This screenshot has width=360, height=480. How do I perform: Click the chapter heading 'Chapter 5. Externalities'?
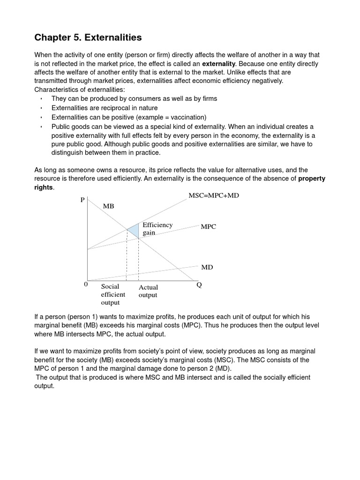pyautogui.click(x=88, y=37)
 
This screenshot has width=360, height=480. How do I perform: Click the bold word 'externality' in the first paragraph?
pyautogui.click(x=218, y=63)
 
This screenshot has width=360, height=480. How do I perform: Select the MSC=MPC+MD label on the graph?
pyautogui.click(x=213, y=195)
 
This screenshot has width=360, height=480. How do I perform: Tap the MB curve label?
pyautogui.click(x=108, y=206)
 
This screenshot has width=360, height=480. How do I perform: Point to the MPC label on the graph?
pyautogui.click(x=208, y=226)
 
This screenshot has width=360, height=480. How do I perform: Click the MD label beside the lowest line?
pyautogui.click(x=207, y=267)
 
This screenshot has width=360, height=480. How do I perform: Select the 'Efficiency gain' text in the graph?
pyautogui.click(x=157, y=228)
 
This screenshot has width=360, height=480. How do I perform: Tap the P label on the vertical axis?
pyautogui.click(x=82, y=200)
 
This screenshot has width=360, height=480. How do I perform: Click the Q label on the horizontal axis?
pyautogui.click(x=199, y=285)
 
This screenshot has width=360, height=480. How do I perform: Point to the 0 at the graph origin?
pyautogui.click(x=85, y=284)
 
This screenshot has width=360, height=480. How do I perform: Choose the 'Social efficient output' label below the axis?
pyautogui.click(x=112, y=294)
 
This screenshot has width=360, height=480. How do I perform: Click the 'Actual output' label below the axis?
pyautogui.click(x=148, y=291)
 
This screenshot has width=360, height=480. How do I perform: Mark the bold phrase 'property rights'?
pyautogui.click(x=312, y=179)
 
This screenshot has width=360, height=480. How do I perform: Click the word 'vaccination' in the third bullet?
pyautogui.click(x=187, y=117)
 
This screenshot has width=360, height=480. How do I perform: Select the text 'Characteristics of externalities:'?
pyautogui.click(x=80, y=90)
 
